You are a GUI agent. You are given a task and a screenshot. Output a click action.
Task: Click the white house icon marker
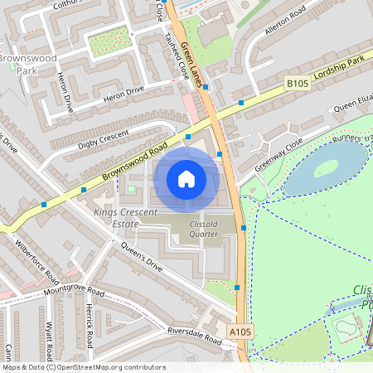[186, 178]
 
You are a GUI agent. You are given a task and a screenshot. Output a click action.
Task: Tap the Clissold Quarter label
[192, 228]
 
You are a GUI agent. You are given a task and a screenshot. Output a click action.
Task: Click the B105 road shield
[298, 83]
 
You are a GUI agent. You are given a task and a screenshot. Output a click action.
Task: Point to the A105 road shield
[240, 332]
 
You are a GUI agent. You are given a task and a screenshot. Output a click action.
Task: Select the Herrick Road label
[92, 326]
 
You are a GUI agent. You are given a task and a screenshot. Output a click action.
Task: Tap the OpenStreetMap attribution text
[84, 367]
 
